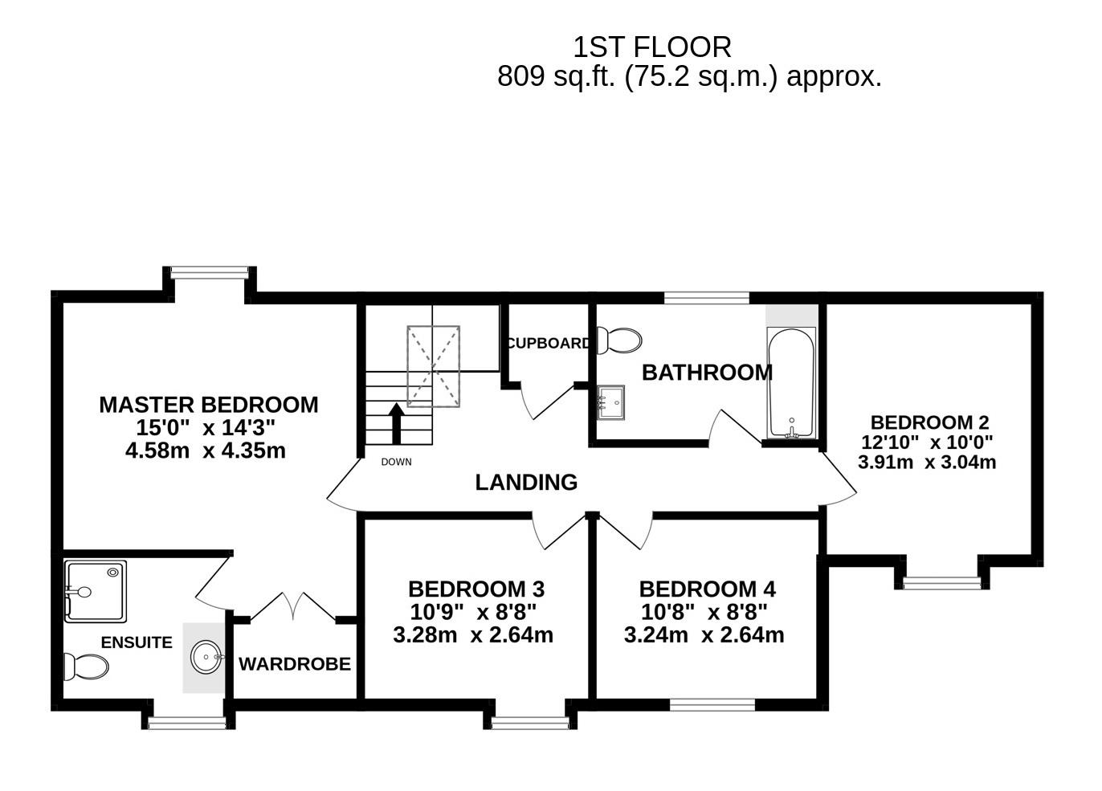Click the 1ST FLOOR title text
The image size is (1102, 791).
point(651,47)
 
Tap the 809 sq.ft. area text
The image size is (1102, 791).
point(688,77)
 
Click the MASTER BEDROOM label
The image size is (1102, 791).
point(208,405)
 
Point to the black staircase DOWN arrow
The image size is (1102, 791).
point(396,423)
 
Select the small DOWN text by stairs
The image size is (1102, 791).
point(396,462)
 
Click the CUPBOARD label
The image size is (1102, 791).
point(549,343)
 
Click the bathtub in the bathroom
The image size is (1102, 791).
point(792,383)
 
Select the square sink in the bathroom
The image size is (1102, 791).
point(611,402)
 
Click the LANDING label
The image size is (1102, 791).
point(526,483)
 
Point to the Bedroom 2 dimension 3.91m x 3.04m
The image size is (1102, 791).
point(927,463)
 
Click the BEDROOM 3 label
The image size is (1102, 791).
point(475,589)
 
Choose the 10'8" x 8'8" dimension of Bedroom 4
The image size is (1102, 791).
point(704,613)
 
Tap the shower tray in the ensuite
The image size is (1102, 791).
point(96,592)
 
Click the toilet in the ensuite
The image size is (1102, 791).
point(86,667)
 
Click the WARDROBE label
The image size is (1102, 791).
point(295,664)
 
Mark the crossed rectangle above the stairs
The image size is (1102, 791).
point(434,366)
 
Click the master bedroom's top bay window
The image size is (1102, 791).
point(209,274)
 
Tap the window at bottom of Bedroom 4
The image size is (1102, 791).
point(712,705)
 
